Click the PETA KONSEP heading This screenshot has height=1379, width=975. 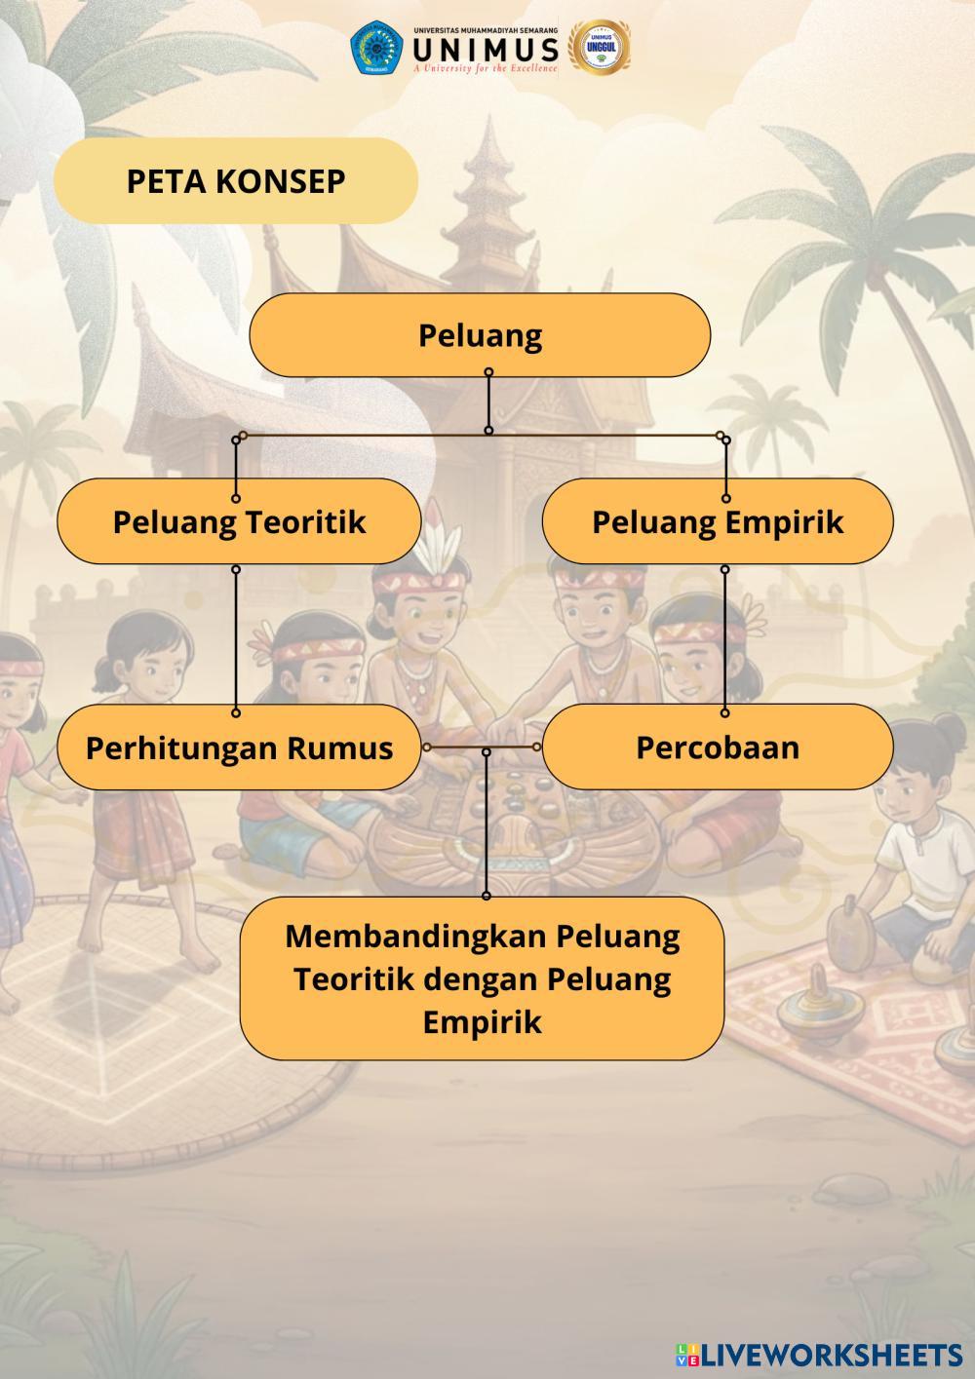(x=236, y=181)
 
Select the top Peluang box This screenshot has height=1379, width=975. (x=480, y=335)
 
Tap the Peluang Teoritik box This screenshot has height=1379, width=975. (x=239, y=521)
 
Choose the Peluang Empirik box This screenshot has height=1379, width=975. (x=718, y=521)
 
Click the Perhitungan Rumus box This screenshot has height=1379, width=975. (x=239, y=747)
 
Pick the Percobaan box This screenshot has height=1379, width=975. (x=718, y=747)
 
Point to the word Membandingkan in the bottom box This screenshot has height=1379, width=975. (x=416, y=936)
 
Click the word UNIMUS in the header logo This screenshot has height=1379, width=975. (x=486, y=49)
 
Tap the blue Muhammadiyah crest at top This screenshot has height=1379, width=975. (x=376, y=48)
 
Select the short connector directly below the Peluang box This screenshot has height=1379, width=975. (x=488, y=401)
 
